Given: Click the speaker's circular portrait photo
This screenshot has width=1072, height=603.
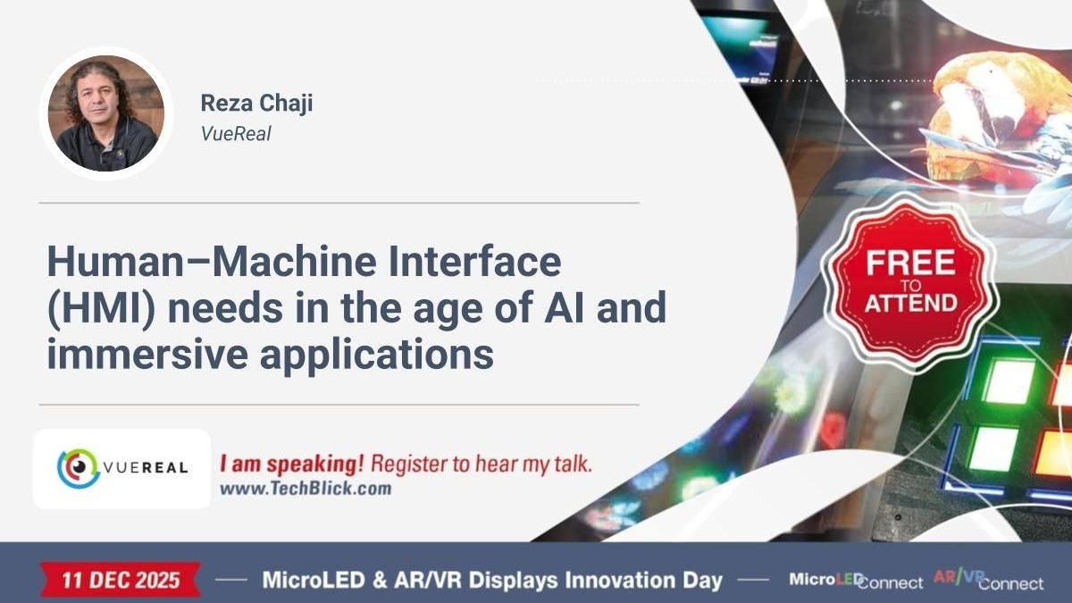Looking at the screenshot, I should pos(105,113).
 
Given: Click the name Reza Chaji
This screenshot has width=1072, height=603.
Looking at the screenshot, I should pos(256,104).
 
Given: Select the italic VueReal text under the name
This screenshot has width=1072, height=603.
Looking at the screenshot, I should pos(236,134).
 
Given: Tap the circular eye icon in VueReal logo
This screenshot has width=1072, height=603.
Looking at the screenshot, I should pos(74,469).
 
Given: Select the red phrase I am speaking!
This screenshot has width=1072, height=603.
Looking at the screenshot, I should pos(291,465).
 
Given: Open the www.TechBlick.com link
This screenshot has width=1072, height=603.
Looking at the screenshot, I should pos(305,489).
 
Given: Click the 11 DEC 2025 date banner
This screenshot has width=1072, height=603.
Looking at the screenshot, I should pos(121,580).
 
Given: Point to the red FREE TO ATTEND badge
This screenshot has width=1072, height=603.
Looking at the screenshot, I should pos(909,283).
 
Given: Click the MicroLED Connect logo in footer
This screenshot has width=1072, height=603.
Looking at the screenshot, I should pos(855,581).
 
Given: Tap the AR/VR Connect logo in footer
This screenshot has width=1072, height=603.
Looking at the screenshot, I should pos(988,580).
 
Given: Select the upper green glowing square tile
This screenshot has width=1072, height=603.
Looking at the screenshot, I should pos(1009,381).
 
